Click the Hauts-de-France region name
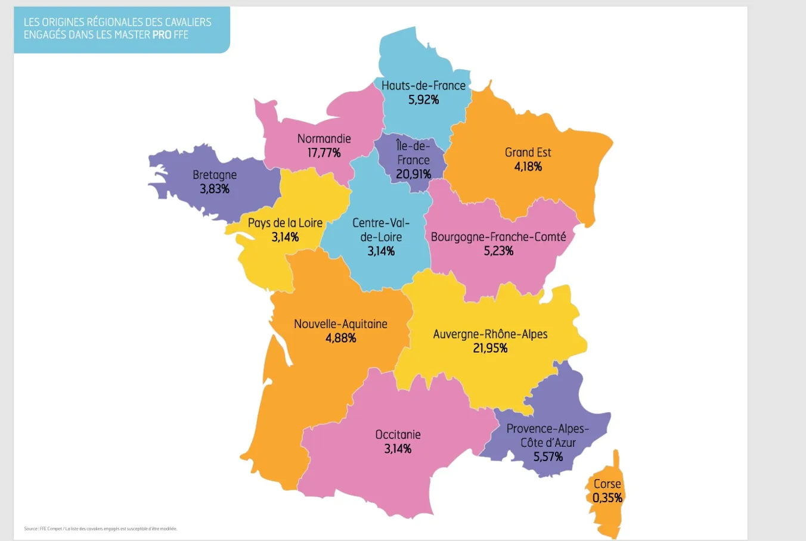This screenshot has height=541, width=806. pos(423,85)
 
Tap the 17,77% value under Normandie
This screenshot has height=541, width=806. pos(324,153)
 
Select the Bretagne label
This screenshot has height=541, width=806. pos(215,175)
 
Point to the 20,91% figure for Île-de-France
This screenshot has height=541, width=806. pos(413,174)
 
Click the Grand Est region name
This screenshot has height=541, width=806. pos(528,152)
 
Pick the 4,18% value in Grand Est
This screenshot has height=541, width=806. pos(528,167)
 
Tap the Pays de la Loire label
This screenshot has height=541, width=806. pos(285,223)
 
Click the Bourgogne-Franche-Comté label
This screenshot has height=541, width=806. pos(498,237)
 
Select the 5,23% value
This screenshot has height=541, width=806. pos(498,251)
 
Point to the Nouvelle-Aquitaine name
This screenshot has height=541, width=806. pos(340,324)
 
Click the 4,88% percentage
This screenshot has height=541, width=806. pos(340,338)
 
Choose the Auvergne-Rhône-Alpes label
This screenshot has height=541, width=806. pos(490,334)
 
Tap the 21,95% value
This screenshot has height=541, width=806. pos(490,348)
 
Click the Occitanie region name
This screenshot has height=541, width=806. pos(398,434)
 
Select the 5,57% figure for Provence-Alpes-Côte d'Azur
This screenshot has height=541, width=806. pos(548,457)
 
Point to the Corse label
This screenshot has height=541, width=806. pos(607,484)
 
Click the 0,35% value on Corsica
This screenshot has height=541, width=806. pos(607,498)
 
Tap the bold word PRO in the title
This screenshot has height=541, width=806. pos(162,35)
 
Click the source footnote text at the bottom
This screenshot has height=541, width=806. pos(100,528)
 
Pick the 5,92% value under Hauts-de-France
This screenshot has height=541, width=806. pos(423,100)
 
